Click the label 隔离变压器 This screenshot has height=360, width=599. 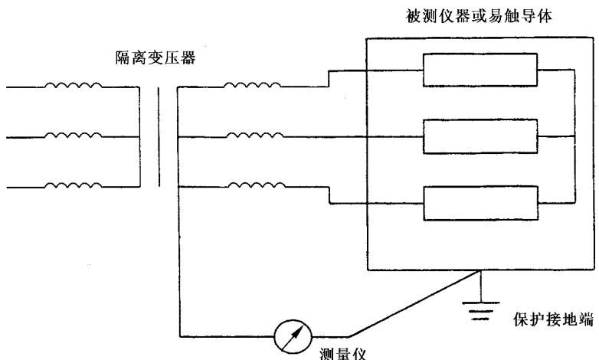155,57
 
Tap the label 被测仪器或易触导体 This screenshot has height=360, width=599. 479,16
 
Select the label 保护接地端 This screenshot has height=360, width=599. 554,319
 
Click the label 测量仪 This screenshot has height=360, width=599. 342,354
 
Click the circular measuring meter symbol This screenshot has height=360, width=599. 293,337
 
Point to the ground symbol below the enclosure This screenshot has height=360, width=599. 480,310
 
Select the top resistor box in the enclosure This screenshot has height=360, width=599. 480,70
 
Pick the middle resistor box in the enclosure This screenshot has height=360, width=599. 480,136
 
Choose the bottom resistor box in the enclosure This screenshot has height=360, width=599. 481,203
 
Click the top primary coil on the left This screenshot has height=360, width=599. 74,85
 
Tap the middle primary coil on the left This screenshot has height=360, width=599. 74,135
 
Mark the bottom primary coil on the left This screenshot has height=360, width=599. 74,185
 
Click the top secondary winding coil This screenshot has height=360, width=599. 252,85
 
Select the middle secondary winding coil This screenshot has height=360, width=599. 255,135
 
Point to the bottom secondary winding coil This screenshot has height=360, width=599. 257,185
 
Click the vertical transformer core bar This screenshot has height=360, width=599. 159,137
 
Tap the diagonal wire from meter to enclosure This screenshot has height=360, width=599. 414,304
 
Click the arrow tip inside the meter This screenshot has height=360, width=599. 302,326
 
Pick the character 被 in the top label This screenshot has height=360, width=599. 414,16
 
